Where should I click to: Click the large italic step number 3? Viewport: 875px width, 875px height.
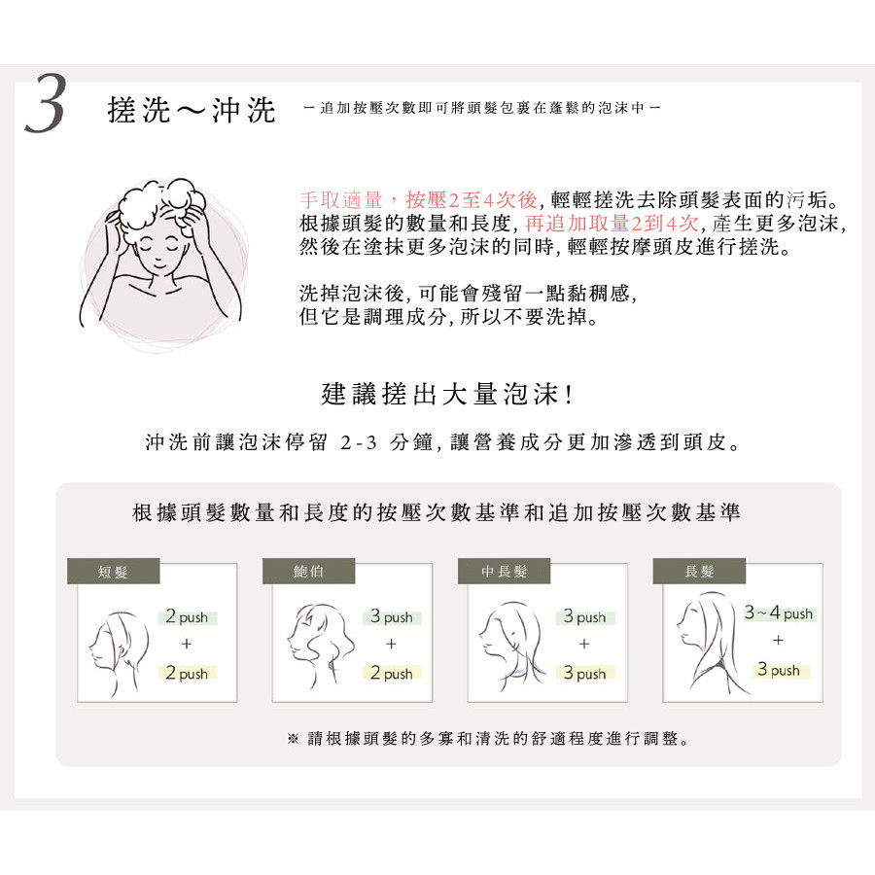tap(46, 104)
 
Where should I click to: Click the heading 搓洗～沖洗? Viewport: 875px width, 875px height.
tap(192, 109)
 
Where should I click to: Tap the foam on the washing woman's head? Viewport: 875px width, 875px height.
tap(159, 206)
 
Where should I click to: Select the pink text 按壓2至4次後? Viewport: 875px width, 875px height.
tap(472, 199)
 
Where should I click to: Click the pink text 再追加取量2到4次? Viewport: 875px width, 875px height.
tap(612, 224)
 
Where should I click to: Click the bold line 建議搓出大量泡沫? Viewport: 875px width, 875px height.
tap(446, 394)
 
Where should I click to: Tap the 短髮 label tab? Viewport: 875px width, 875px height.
tap(114, 571)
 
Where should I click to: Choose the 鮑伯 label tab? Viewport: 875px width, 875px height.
tap(308, 571)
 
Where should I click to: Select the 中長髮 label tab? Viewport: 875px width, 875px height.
tap(504, 571)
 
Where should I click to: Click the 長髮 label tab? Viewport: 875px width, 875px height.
tap(699, 571)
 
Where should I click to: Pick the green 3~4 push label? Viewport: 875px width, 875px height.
tap(779, 613)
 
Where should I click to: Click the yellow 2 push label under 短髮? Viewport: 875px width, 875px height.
tap(187, 673)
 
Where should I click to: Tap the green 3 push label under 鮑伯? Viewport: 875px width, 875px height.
tap(392, 616)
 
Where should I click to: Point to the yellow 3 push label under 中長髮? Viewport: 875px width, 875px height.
tap(585, 673)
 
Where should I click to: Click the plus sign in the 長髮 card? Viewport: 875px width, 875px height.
tap(778, 640)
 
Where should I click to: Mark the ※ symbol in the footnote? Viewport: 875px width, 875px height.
tap(293, 739)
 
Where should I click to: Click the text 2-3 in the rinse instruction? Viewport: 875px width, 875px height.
tap(359, 443)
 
